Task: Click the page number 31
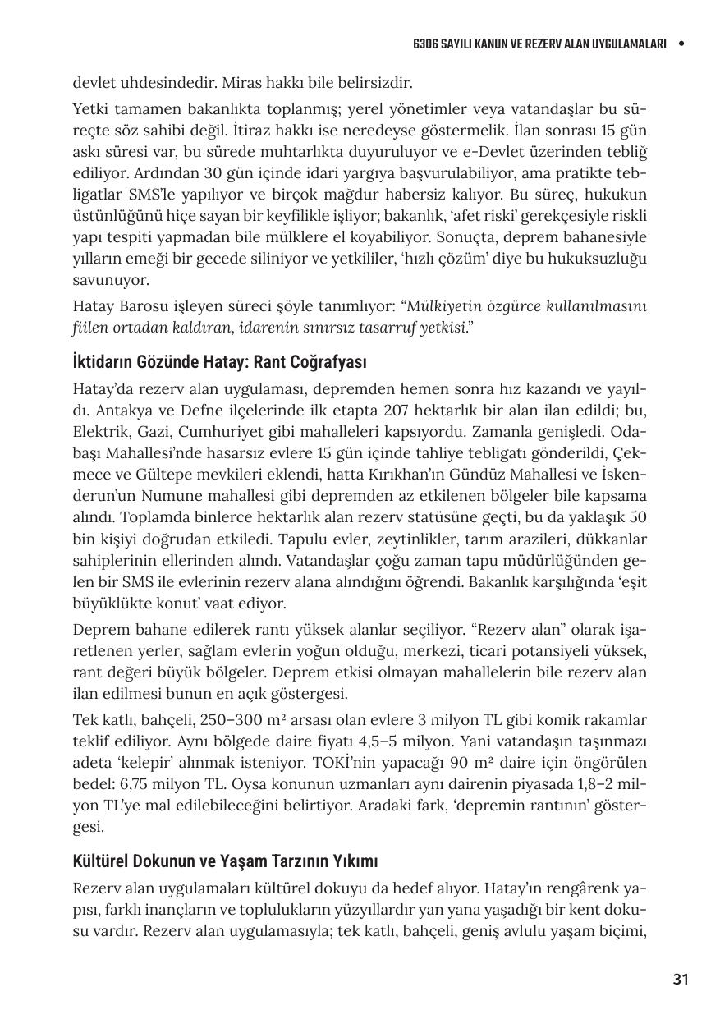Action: point(680,979)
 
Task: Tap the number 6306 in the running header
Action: point(427,44)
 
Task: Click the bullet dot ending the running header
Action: point(681,44)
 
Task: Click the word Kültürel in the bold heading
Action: point(100,862)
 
